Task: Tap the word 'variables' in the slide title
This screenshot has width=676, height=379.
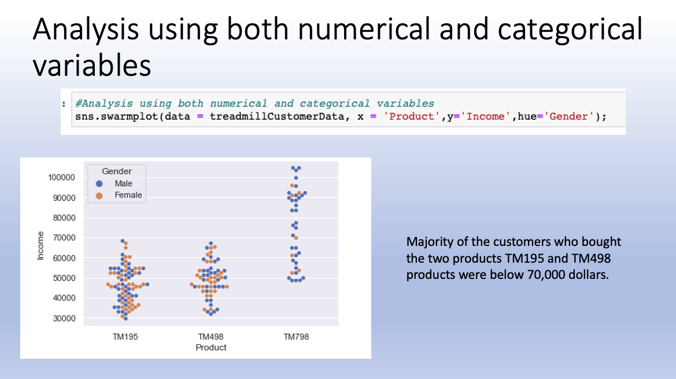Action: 91,65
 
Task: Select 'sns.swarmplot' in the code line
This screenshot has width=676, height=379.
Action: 108,117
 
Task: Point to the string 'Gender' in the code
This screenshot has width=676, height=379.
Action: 569,117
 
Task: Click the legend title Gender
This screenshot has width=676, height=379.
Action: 116,171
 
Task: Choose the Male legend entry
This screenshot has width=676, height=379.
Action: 123,183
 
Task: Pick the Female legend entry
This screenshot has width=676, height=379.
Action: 128,195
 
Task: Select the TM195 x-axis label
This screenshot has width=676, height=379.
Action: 125,337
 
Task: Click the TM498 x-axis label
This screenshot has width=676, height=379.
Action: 210,337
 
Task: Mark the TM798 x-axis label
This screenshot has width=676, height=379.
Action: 296,337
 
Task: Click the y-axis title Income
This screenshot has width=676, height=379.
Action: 40,245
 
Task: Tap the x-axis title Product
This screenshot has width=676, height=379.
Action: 210,347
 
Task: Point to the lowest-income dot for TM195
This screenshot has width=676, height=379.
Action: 125,318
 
